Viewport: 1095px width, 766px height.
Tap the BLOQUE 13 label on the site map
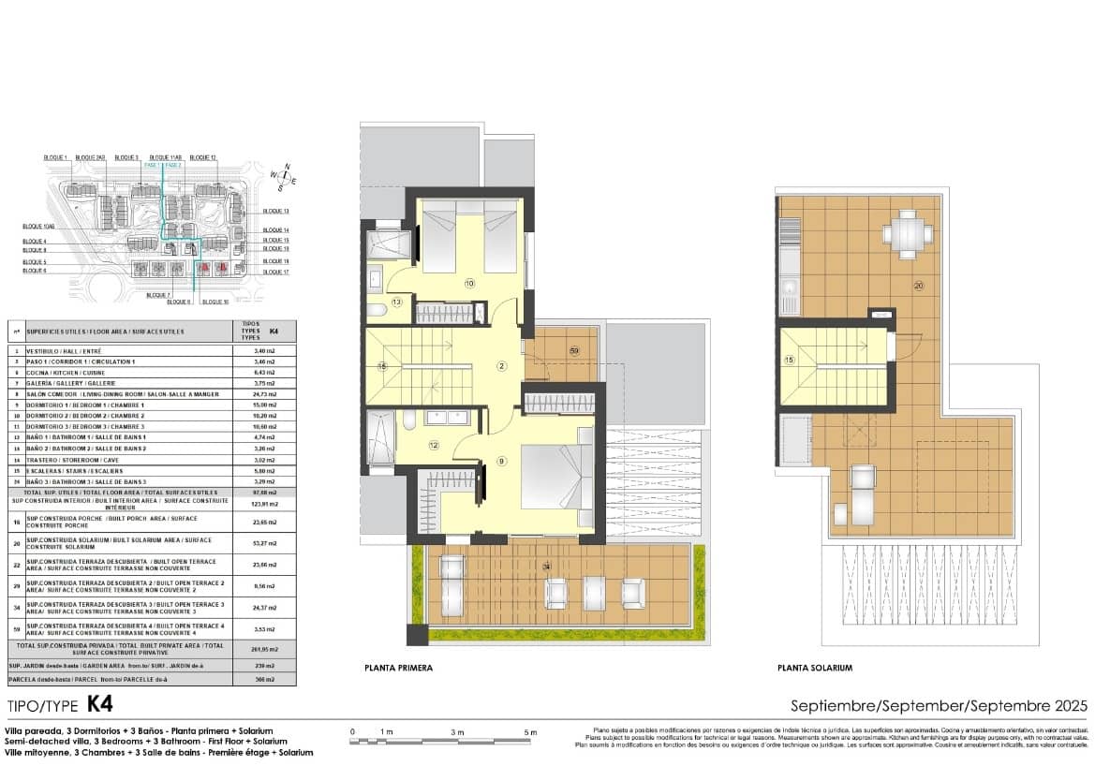[x=275, y=213]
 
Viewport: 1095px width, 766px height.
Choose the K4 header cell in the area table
[x=273, y=331]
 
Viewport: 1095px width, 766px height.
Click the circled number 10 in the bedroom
[x=469, y=282]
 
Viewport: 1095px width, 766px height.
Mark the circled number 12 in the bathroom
[x=433, y=446]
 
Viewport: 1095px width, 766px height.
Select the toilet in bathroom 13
[x=375, y=310]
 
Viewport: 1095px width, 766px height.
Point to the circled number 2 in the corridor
[x=501, y=366]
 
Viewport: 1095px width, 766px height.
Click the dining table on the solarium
[x=906, y=233]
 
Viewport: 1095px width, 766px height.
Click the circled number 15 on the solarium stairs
[x=789, y=360]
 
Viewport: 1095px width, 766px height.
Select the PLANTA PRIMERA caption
[x=398, y=668]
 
